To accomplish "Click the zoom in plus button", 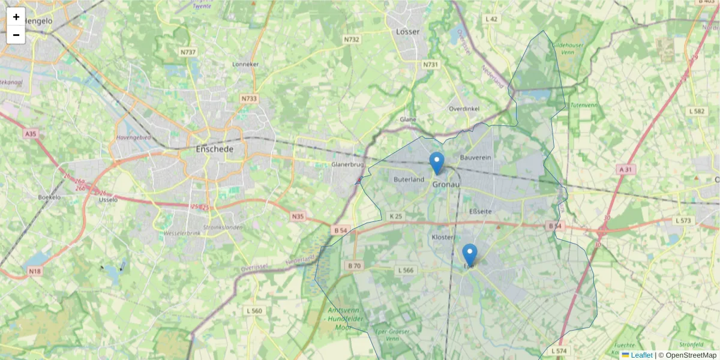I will click(x=16, y=17).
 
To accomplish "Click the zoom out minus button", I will click(x=16, y=35).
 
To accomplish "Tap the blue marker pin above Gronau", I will click(x=437, y=163).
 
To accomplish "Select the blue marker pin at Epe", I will click(x=470, y=254).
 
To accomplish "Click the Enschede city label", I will click(x=214, y=149).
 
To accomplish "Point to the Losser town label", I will click(x=408, y=31).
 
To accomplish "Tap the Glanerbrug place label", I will click(x=348, y=164).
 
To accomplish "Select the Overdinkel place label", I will click(x=464, y=109).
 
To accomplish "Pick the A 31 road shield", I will click(x=625, y=170).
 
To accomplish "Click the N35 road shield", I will click(x=298, y=216).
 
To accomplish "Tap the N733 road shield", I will click(x=248, y=98).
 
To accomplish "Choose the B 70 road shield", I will click(x=355, y=265).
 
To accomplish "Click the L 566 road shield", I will click(x=406, y=270).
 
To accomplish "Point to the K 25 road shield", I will click(x=395, y=216).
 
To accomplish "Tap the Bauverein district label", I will click(x=476, y=157).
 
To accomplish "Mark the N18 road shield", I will click(x=35, y=272).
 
